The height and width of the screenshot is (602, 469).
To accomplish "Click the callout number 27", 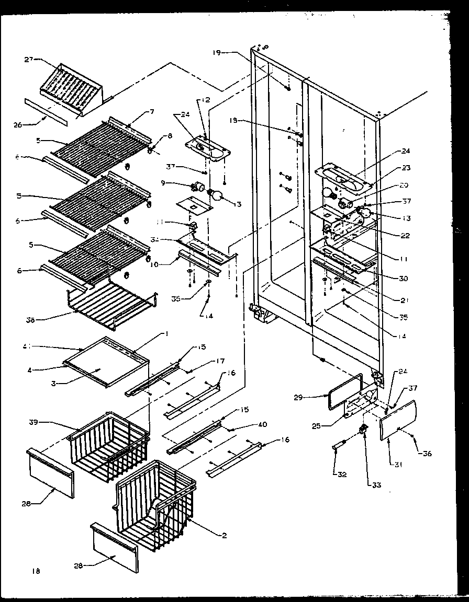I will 29,60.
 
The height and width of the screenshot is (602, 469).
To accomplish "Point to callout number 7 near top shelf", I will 152,111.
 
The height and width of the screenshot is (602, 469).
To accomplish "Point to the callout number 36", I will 427,454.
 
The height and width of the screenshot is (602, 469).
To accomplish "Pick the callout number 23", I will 406,168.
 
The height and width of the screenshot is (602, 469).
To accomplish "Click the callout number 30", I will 403,279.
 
